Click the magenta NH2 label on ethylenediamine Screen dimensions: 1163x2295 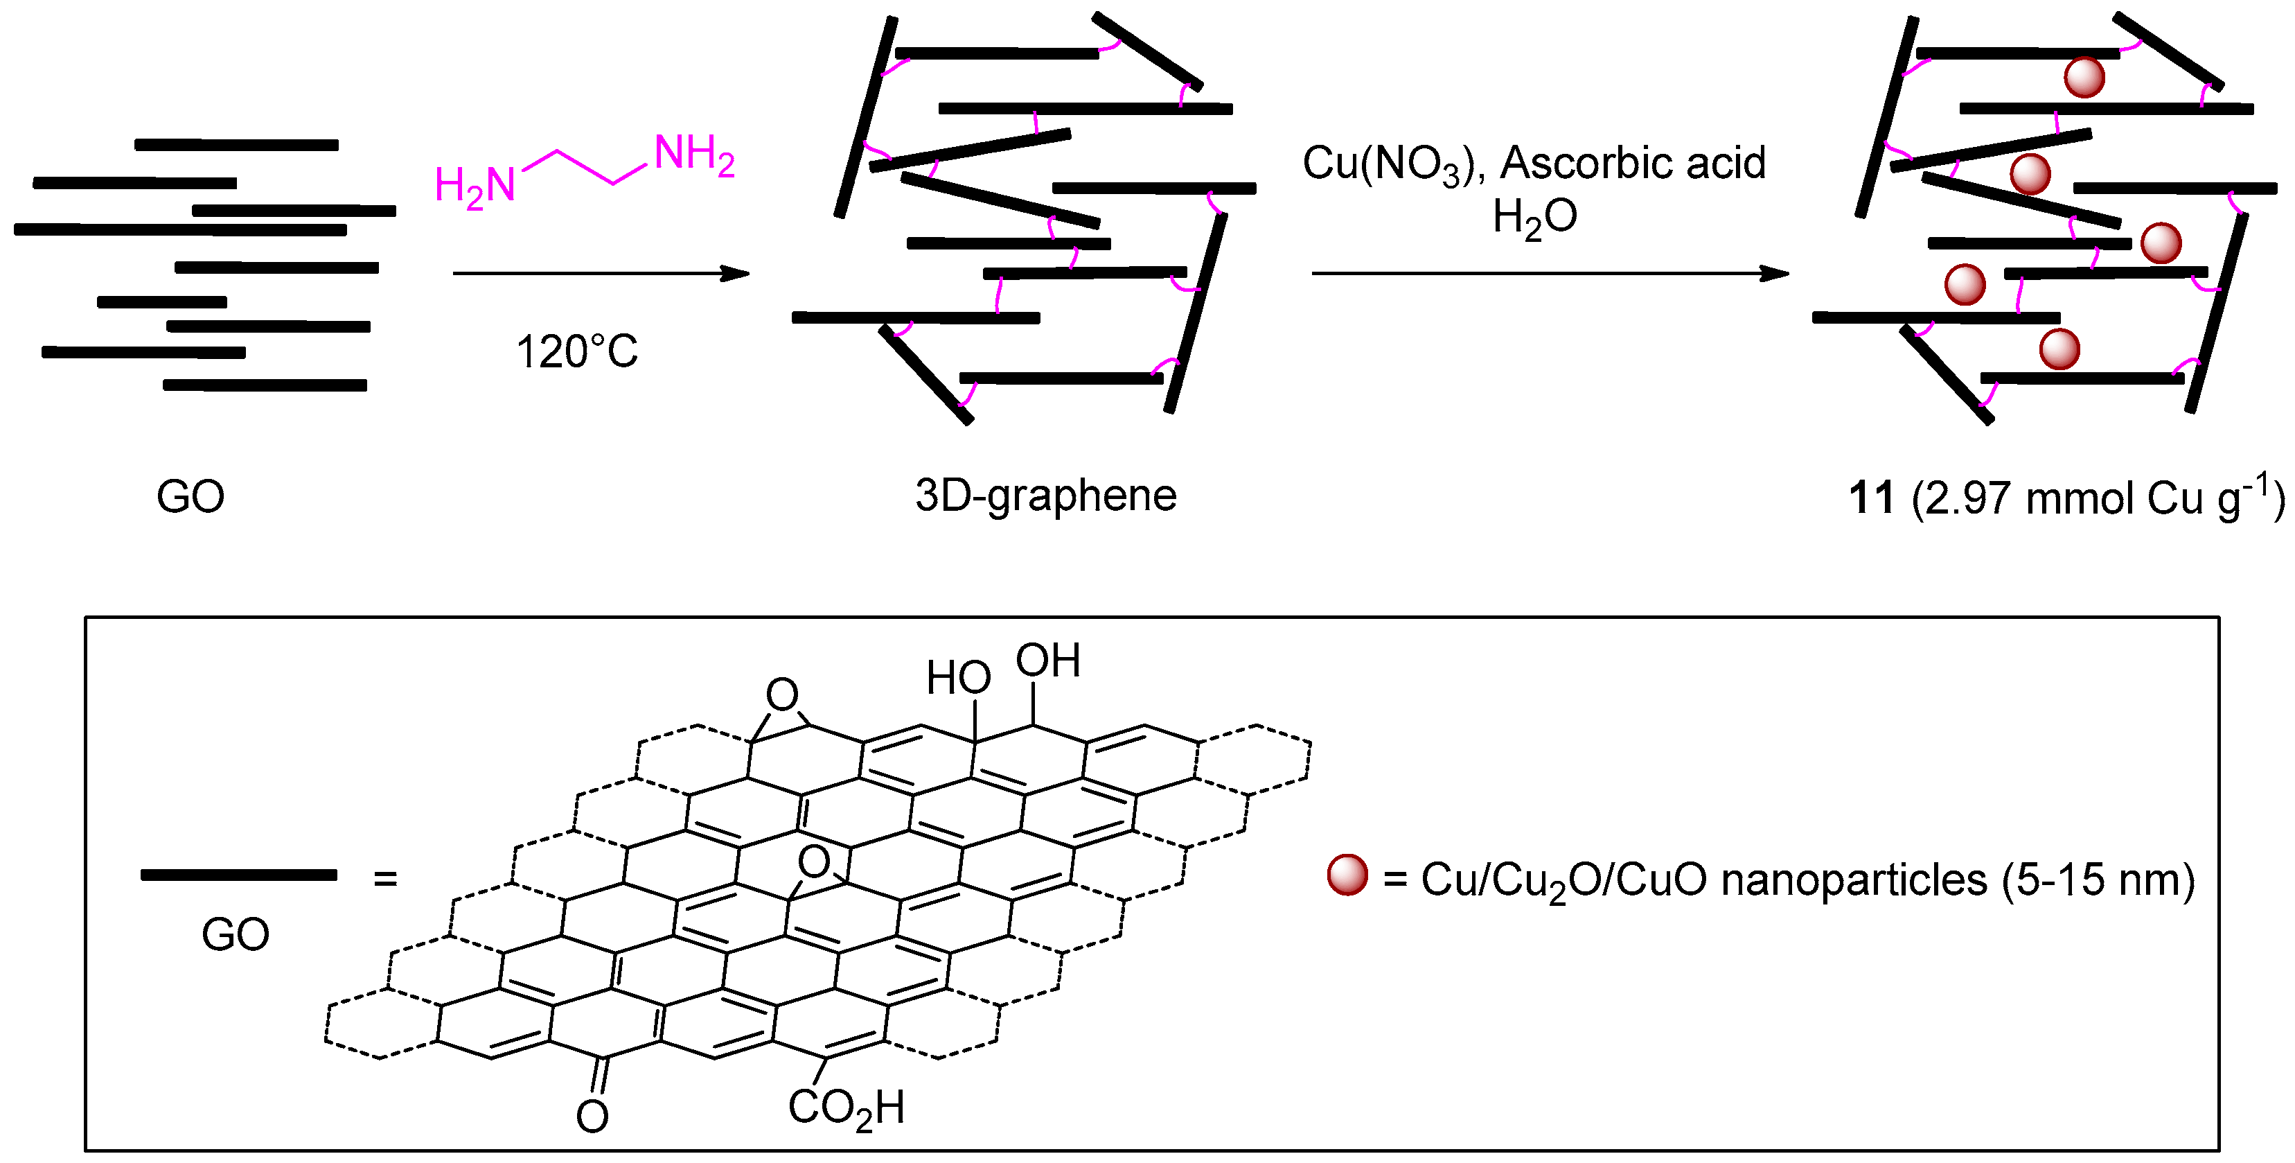click(x=693, y=155)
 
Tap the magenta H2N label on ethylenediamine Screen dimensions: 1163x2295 click(x=475, y=187)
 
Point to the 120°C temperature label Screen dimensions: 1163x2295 click(x=576, y=352)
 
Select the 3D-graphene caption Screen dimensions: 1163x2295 click(x=1045, y=496)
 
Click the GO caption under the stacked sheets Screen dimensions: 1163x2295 click(x=190, y=496)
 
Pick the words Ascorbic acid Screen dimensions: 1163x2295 click(x=1633, y=163)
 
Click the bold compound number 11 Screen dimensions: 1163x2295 click(x=1871, y=497)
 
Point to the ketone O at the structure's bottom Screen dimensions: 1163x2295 click(x=592, y=1116)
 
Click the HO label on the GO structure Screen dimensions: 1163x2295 click(x=959, y=679)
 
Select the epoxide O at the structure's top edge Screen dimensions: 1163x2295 click(x=782, y=694)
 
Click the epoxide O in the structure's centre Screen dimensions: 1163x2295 click(x=813, y=861)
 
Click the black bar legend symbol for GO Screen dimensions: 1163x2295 click(x=239, y=875)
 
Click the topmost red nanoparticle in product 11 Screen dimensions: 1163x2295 click(x=2084, y=78)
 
